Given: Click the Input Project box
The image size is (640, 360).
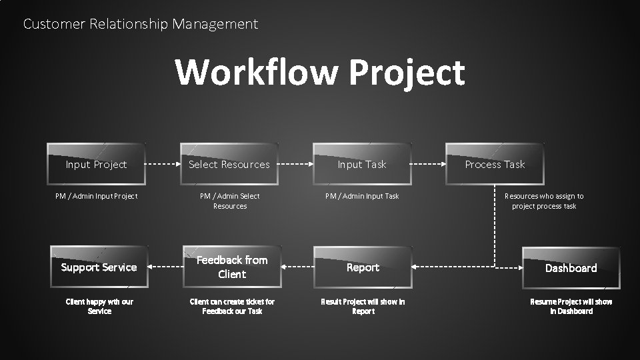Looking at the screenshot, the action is [x=97, y=164].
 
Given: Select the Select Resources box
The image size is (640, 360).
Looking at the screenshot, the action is [x=229, y=164].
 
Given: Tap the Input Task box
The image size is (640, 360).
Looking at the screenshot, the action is [x=362, y=164].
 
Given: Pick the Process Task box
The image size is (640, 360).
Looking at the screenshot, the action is [x=495, y=164].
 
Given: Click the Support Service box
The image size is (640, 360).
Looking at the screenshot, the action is [x=99, y=267].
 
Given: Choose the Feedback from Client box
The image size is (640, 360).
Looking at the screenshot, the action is [x=232, y=267].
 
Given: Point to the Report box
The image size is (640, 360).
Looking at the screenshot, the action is [x=363, y=267].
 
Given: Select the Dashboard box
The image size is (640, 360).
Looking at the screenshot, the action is [x=571, y=268].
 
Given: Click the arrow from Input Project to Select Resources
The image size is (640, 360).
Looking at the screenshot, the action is [x=163, y=164].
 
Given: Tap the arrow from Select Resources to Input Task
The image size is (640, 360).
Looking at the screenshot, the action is [x=296, y=164].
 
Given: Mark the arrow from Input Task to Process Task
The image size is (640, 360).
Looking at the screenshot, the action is [x=428, y=164].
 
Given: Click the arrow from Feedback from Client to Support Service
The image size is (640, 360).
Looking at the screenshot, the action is [x=165, y=267].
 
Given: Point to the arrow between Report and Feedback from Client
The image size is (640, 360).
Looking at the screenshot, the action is [x=297, y=267].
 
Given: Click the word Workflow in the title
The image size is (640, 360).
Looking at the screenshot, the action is [x=257, y=72].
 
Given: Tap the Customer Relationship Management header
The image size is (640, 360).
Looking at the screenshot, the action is [x=140, y=24].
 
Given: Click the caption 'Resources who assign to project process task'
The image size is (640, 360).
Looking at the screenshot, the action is [x=544, y=201].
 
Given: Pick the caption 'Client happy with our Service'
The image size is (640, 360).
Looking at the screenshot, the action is [x=99, y=306].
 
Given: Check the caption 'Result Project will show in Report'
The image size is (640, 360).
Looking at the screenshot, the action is [x=363, y=306].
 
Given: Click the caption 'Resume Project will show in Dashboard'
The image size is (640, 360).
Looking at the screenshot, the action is [x=571, y=306].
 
